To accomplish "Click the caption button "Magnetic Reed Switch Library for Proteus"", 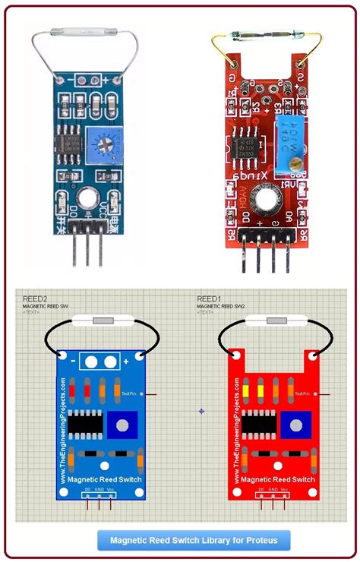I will tap(194, 541).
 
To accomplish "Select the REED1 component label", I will tap(209, 298).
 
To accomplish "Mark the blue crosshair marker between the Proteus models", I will tap(201, 411).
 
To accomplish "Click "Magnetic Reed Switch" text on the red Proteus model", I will tap(273, 480).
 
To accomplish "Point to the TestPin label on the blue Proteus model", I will tap(128, 393).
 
